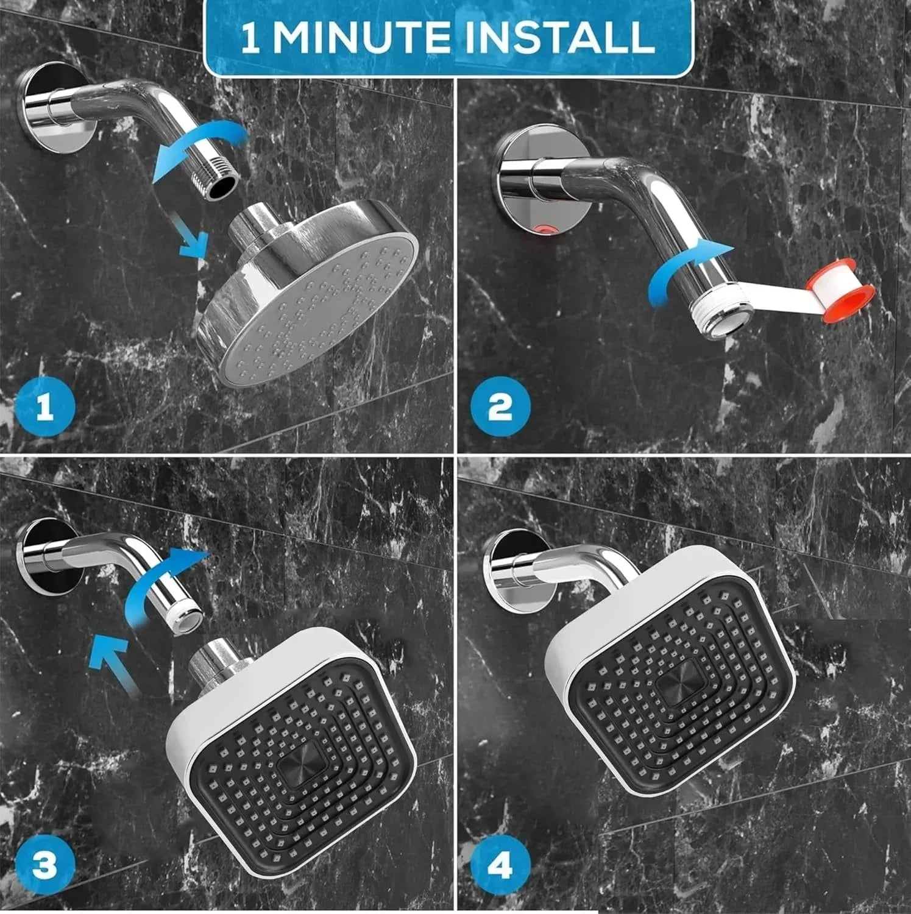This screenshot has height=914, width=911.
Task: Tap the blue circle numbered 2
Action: [499, 407]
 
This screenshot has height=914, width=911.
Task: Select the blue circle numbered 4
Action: [499, 865]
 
